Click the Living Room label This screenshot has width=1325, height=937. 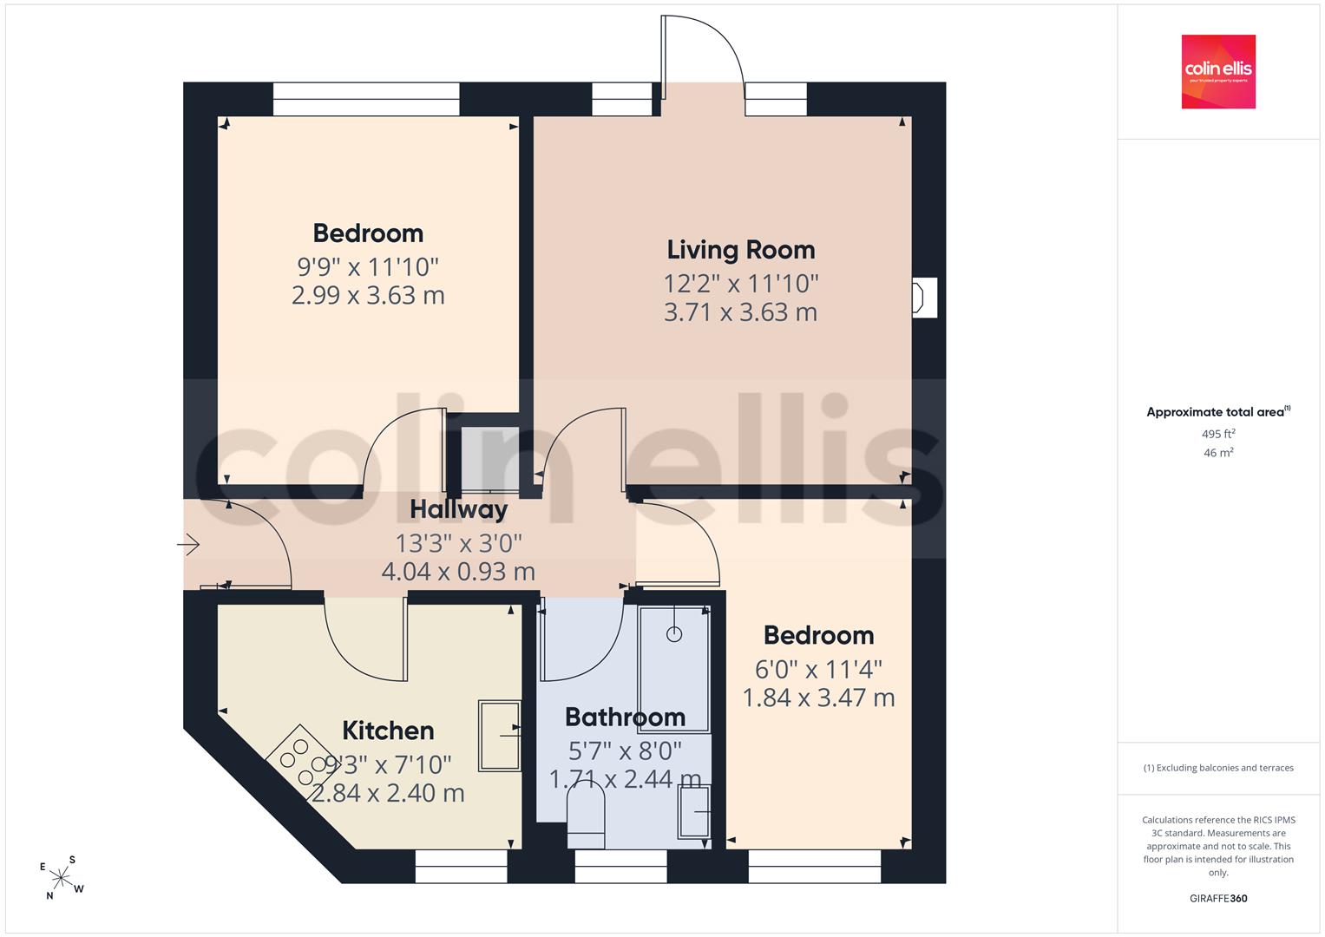click(x=740, y=250)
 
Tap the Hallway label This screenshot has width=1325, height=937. click(x=458, y=510)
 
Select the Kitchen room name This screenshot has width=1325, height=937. click(x=388, y=731)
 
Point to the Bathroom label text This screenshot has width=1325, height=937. click(x=626, y=717)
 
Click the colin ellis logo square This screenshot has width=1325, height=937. click(x=1218, y=71)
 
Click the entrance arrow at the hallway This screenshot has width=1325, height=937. click(x=188, y=544)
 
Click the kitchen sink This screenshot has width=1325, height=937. click(x=499, y=736)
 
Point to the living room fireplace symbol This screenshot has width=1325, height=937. click(x=924, y=298)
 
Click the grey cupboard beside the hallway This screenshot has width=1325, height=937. click(x=489, y=459)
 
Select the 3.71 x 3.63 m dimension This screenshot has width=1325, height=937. click(x=740, y=312)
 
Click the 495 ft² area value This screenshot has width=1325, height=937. click(x=1218, y=434)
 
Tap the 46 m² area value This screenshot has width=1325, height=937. click(x=1218, y=453)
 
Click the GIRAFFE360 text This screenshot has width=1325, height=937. click(x=1218, y=898)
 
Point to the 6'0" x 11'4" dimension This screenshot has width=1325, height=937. click(x=818, y=670)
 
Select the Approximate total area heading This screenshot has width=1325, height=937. click(x=1218, y=412)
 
